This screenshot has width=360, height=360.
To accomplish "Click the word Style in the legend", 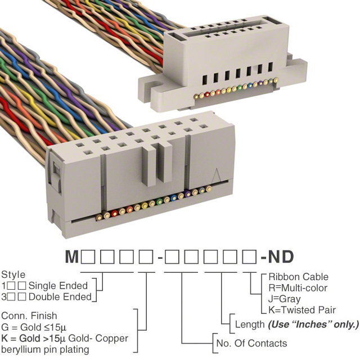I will (13, 275).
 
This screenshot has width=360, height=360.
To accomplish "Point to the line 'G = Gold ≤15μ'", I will (35, 327).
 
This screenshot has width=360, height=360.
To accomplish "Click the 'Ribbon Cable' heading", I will (298, 277).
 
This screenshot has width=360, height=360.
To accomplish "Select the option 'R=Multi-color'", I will (299, 288).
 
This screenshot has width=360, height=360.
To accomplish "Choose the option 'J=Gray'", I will (284, 299).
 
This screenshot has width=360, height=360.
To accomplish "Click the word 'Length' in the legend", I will (250, 325).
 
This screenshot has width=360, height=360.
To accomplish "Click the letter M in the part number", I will (72, 258).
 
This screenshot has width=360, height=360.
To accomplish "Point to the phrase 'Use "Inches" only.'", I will (313, 325).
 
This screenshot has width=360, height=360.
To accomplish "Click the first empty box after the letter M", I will (88, 258).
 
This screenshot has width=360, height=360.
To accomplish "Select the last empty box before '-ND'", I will (248, 258).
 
